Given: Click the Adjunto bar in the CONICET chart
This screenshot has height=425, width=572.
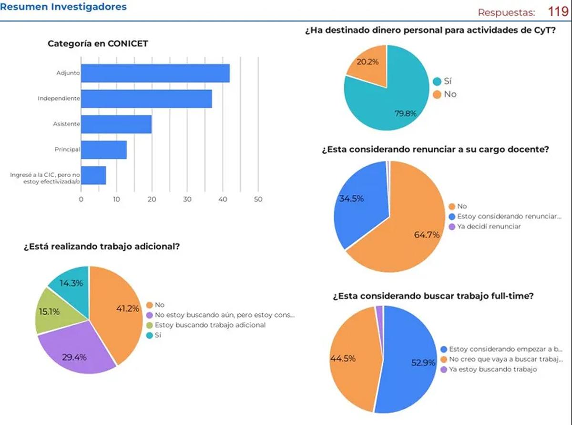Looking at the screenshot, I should [155, 73].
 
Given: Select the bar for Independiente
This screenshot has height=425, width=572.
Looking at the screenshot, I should [146, 99].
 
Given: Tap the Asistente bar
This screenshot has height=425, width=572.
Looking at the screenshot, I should [116, 124].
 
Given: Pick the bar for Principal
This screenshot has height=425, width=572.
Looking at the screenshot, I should [104, 150].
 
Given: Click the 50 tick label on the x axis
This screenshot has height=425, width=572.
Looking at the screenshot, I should [258, 200].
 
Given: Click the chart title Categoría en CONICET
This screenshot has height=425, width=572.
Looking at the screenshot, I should [98, 43].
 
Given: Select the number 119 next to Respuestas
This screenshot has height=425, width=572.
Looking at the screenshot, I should [557, 11].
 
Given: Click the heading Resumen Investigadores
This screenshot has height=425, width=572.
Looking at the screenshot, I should [64, 7].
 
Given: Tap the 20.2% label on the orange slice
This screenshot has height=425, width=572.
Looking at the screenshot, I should [364, 62].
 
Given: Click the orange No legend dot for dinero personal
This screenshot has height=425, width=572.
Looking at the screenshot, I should [437, 95].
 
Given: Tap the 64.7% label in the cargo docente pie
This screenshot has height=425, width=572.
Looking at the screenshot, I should [427, 234].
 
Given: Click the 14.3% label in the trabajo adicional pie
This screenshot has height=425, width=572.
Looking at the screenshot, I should [71, 283].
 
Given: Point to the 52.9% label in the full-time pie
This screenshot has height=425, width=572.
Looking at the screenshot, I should [423, 362].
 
